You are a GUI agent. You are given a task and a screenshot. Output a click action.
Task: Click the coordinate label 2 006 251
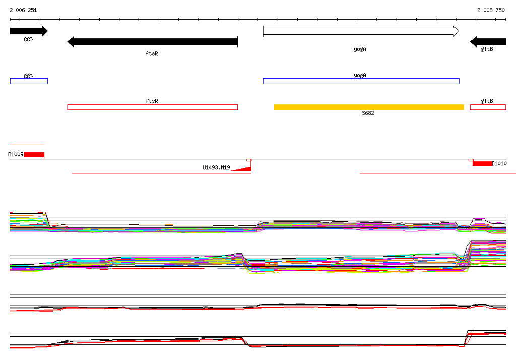(x=23, y=10)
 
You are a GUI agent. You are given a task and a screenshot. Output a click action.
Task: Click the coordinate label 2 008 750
(x=491, y=10)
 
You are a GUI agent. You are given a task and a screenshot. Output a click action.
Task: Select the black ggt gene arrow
(x=29, y=31)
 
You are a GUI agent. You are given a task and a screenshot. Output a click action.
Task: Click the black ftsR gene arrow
(x=153, y=42)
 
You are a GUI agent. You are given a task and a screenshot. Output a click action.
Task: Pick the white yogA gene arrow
(x=361, y=31)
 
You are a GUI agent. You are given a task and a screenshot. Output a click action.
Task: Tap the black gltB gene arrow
(x=488, y=42)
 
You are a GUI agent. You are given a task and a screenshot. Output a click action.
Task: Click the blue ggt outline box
(x=29, y=81)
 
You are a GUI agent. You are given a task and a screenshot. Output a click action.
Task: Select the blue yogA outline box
(x=361, y=81)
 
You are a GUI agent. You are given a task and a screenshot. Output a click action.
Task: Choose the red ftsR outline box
(x=153, y=107)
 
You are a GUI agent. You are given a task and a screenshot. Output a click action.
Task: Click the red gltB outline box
(x=488, y=107)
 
